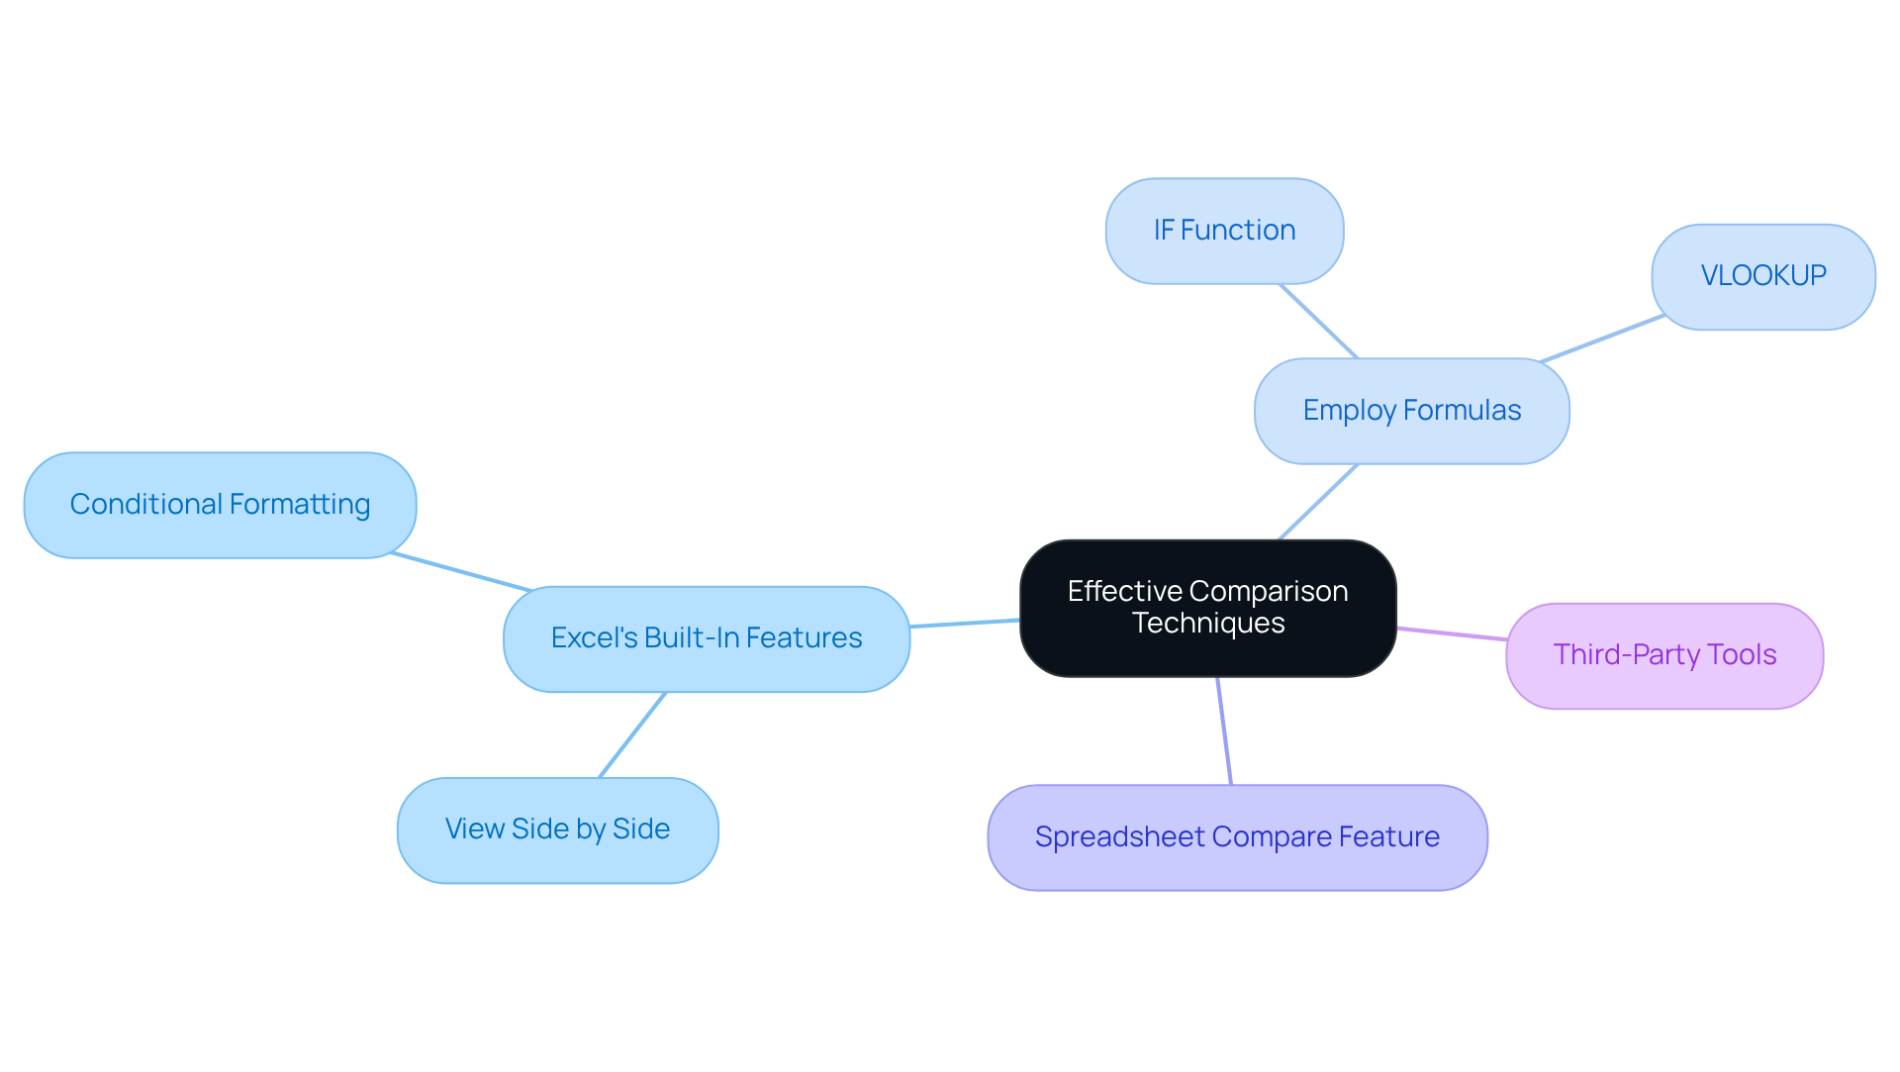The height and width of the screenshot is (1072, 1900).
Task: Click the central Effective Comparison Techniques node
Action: pyautogui.click(x=1207, y=608)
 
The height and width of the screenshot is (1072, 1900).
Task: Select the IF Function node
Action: pyautogui.click(x=1224, y=231)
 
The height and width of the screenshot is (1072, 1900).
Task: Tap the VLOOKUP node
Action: pyautogui.click(x=1762, y=276)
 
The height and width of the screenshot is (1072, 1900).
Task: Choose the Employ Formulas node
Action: pyautogui.click(x=1411, y=411)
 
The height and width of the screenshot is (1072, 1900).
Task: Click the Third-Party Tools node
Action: pyautogui.click(x=1663, y=655)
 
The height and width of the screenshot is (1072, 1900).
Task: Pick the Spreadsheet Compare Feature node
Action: pyautogui.click(x=1236, y=837)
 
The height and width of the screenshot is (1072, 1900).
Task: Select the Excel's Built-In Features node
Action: pyautogui.click(x=706, y=638)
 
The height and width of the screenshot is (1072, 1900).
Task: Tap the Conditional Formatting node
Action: pyautogui.click(x=220, y=505)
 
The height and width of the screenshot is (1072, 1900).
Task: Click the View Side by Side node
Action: pyautogui.click(x=557, y=829)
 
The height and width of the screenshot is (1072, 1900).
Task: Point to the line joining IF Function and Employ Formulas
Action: pyautogui.click(x=1318, y=321)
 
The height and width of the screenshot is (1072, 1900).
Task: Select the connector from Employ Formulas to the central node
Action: pyautogui.click(x=1318, y=502)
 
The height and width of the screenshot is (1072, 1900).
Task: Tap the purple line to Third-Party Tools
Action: pyautogui.click(x=1452, y=633)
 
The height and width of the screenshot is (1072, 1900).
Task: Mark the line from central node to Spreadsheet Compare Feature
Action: pyautogui.click(x=1224, y=731)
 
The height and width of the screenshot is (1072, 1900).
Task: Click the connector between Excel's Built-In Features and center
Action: pyautogui.click(x=965, y=623)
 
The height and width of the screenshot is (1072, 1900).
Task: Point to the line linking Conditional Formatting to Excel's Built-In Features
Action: pyautogui.click(x=461, y=572)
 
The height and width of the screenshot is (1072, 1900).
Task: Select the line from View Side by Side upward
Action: pyautogui.click(x=632, y=734)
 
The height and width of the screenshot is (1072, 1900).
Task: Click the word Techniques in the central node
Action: pyautogui.click(x=1207, y=624)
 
